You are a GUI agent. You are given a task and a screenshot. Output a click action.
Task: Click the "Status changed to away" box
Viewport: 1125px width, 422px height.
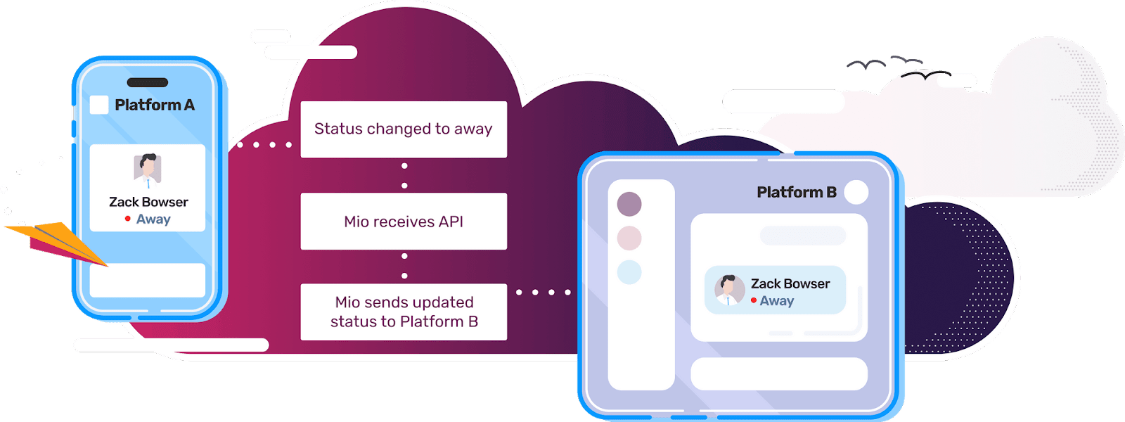click(x=404, y=129)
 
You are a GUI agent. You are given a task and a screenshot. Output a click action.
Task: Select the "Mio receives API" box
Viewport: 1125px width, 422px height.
click(x=404, y=222)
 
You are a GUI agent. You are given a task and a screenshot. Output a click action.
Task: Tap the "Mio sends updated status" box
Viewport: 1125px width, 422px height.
click(x=404, y=312)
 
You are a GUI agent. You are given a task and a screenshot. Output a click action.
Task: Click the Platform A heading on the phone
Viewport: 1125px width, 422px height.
click(x=154, y=105)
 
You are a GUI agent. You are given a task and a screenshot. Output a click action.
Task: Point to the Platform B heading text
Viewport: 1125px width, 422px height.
click(x=796, y=192)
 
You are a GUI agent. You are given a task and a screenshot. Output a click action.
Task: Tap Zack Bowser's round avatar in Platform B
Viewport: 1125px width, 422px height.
click(x=730, y=290)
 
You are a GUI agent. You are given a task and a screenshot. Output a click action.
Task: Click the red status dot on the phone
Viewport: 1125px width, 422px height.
click(x=127, y=219)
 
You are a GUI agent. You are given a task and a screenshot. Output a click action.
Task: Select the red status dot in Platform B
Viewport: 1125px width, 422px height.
click(x=754, y=300)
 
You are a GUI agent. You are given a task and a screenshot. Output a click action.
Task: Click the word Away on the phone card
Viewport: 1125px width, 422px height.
click(x=153, y=219)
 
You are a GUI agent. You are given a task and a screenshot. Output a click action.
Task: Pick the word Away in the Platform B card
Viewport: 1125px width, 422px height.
click(x=777, y=301)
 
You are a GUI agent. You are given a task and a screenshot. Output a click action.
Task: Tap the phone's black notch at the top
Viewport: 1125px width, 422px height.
click(x=148, y=82)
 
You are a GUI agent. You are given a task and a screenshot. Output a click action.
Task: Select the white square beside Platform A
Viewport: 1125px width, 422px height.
click(x=99, y=105)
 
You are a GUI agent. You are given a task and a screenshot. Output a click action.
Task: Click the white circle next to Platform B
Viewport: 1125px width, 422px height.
click(x=856, y=192)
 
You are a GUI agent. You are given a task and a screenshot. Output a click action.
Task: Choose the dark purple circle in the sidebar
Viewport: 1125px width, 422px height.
click(x=629, y=204)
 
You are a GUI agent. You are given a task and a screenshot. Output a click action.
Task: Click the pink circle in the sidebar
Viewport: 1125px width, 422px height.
click(x=629, y=238)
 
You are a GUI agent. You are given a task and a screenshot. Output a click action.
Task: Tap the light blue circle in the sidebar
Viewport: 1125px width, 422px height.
click(x=629, y=271)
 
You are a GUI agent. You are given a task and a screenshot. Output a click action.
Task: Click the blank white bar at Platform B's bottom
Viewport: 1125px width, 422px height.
click(x=779, y=373)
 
